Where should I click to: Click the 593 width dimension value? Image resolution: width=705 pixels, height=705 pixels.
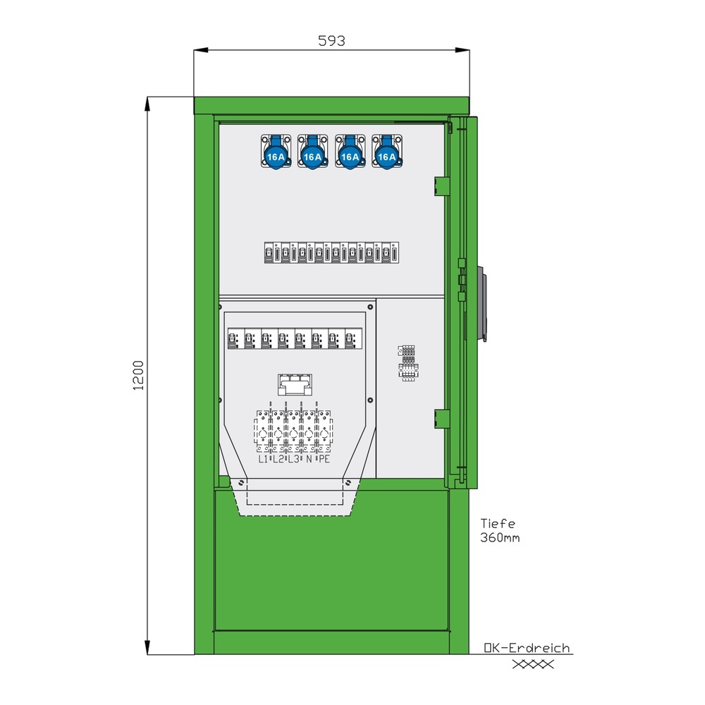click(x=331, y=40)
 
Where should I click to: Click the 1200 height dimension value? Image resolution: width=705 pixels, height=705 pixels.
click(x=138, y=375)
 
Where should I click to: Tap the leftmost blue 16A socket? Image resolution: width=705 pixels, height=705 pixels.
click(x=276, y=152)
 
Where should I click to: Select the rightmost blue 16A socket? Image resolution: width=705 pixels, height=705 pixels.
click(x=386, y=152)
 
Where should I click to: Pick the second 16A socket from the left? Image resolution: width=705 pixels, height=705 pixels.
click(x=312, y=152)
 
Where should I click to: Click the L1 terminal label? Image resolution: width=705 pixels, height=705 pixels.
click(x=263, y=459)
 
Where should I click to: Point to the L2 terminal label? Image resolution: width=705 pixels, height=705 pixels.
click(x=278, y=459)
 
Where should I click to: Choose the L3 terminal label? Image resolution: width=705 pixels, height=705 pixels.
click(x=293, y=459)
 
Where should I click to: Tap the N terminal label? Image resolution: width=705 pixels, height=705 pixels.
click(x=309, y=459)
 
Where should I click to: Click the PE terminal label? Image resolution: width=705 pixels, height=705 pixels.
click(x=324, y=459)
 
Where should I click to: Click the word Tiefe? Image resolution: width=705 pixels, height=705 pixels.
click(x=497, y=523)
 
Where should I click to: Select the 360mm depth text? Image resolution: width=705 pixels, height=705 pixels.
click(x=500, y=537)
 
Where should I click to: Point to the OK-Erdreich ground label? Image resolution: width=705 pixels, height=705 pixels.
click(x=527, y=648)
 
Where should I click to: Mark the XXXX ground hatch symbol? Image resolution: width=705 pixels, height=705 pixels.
click(x=533, y=664)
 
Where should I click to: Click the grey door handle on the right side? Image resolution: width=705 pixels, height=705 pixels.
click(x=482, y=304)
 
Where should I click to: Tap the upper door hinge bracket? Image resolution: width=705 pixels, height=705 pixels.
click(x=441, y=185)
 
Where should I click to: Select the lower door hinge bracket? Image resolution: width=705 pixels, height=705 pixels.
click(x=441, y=419)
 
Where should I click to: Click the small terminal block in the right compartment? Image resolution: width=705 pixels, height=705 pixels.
click(x=407, y=363)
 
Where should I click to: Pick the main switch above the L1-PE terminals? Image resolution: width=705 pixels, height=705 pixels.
click(x=295, y=384)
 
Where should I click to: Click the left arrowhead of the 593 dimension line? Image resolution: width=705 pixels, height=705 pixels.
click(x=200, y=50)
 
